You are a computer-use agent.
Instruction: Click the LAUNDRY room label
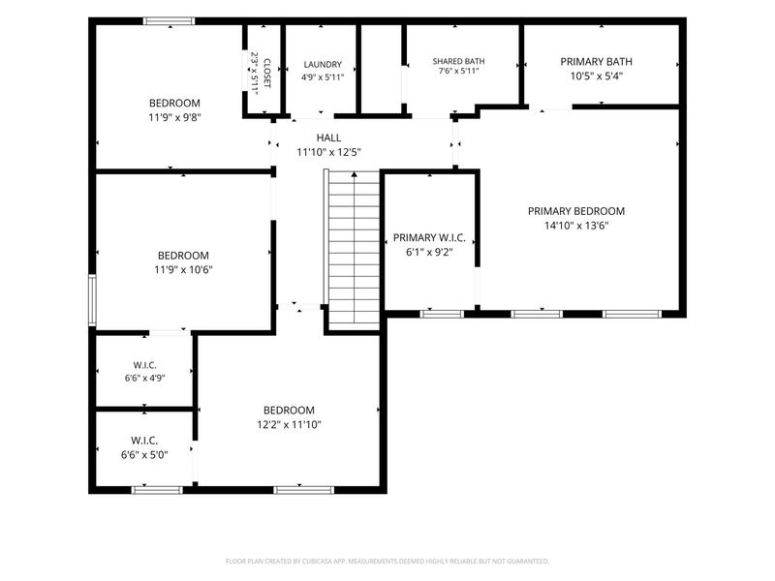[x=323, y=64]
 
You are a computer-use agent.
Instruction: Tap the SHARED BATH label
[x=458, y=61]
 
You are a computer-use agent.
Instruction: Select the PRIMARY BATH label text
[x=596, y=62]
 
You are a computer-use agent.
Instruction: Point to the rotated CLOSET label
[x=267, y=74]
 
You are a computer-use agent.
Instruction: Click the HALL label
[x=328, y=138]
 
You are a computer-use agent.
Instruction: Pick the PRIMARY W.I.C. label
[x=429, y=237]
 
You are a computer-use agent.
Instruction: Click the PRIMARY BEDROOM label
[x=576, y=211]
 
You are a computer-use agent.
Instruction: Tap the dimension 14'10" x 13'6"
[x=576, y=226]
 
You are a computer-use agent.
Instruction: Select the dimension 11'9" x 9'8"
[x=174, y=117]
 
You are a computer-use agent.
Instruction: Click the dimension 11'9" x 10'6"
[x=183, y=270]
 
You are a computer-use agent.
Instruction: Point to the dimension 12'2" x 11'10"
[x=289, y=424]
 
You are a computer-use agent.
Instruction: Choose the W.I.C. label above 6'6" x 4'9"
[x=144, y=366]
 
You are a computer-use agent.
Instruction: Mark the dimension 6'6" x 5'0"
[x=144, y=455]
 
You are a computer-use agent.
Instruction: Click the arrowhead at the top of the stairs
[x=354, y=174]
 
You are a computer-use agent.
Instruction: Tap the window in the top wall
[x=169, y=20]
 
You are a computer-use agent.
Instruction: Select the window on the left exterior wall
[x=92, y=300]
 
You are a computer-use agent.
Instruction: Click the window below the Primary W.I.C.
[x=442, y=314]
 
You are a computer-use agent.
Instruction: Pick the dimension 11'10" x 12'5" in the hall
[x=328, y=152]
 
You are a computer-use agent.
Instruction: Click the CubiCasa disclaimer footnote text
[x=387, y=562]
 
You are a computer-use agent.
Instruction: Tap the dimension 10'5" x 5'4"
[x=596, y=76]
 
